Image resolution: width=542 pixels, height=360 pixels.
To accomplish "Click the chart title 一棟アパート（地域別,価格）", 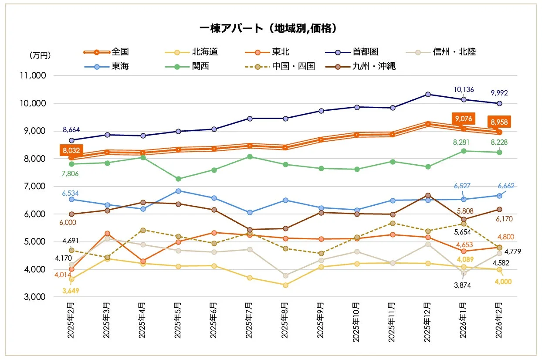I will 270,28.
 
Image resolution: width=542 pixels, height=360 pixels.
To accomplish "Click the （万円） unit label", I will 40,55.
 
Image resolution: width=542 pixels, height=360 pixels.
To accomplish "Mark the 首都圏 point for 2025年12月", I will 428,94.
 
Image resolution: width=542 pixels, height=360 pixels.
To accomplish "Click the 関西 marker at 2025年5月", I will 178,179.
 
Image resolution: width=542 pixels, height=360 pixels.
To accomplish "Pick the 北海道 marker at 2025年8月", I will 285,285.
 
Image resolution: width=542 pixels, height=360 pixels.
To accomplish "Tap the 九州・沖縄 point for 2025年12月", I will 428,195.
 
